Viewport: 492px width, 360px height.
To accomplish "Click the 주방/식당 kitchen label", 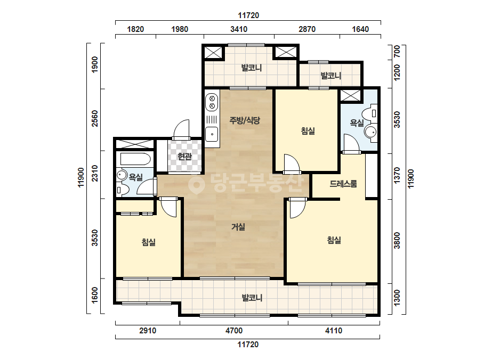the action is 245,120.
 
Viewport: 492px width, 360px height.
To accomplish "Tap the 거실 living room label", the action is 238,227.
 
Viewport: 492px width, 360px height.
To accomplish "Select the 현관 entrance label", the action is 184,156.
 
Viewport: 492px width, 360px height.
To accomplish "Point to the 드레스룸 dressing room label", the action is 343,184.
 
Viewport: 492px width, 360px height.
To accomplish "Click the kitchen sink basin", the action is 212,134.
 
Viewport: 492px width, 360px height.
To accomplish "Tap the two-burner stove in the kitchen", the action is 212,102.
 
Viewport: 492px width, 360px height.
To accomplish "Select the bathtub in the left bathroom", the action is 135,159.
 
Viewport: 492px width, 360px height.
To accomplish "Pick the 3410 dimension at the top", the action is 239,29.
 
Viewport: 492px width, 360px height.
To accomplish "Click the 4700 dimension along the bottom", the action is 234,331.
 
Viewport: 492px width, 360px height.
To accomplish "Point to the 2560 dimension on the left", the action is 95,119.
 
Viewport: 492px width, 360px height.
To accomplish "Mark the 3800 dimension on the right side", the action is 397,240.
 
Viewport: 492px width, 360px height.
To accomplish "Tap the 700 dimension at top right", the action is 397,52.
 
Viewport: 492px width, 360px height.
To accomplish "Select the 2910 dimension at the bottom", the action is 148,331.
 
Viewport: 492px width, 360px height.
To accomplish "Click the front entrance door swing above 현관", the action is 182,129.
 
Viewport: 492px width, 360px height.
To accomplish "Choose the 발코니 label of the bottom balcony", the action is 252,298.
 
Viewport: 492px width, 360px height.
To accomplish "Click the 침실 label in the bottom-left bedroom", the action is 149,242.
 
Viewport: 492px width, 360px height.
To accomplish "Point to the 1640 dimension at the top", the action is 360,29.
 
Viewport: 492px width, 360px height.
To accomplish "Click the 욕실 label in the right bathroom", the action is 357,123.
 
